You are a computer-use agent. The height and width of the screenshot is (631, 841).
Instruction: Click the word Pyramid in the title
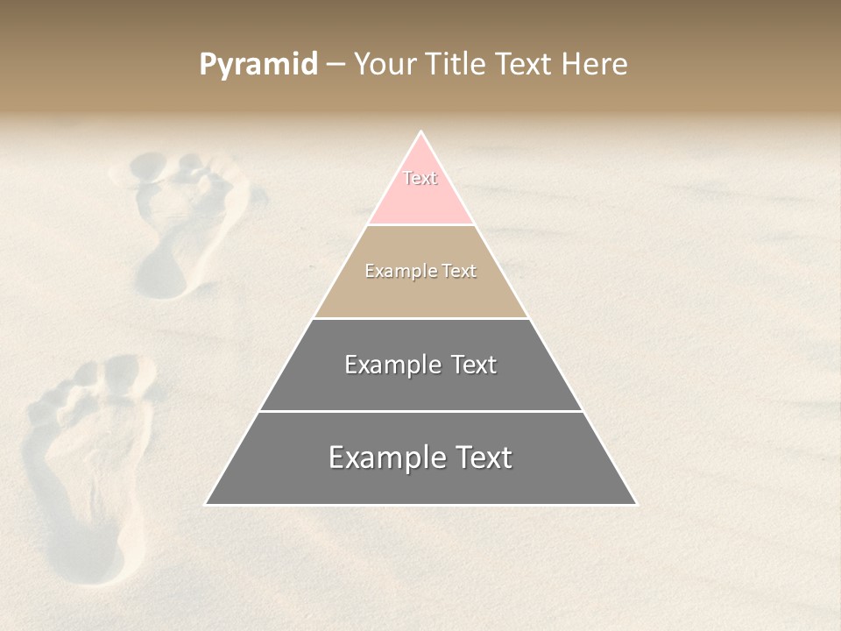click(x=258, y=65)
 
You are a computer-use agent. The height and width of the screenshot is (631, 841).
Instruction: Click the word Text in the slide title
click(x=523, y=65)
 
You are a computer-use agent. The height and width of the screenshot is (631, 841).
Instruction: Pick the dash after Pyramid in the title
click(x=335, y=65)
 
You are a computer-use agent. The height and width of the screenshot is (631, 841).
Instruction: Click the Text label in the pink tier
click(x=420, y=178)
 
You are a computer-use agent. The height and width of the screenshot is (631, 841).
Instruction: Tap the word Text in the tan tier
click(x=459, y=272)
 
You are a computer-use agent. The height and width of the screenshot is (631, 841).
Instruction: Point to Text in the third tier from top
click(x=474, y=365)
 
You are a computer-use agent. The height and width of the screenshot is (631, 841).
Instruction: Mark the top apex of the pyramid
click(x=420, y=132)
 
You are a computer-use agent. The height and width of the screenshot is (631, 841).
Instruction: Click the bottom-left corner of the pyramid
click(x=205, y=505)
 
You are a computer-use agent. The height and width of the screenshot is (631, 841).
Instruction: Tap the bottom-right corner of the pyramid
click(x=637, y=505)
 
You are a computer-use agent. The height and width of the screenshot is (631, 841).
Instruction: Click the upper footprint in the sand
click(x=184, y=219)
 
